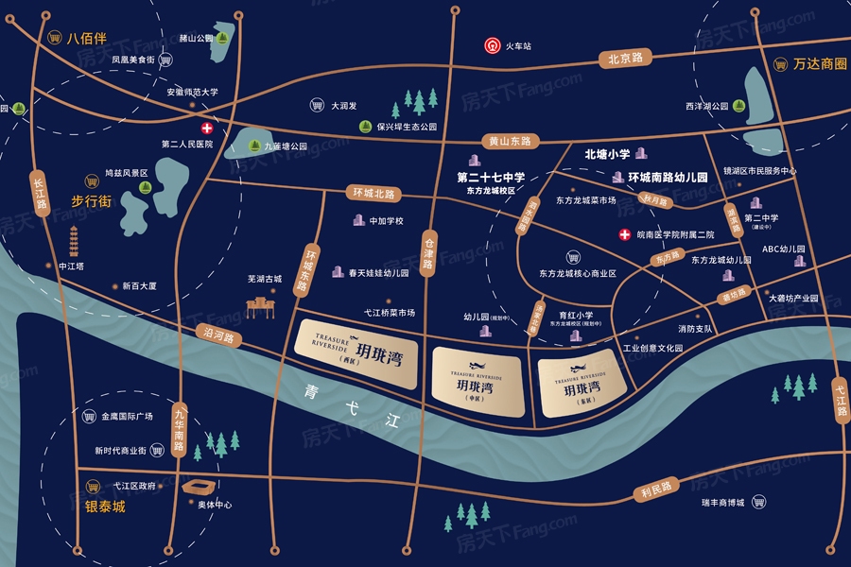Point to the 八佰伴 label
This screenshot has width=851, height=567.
coord(87,39)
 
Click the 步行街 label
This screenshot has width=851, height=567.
coord(92,200)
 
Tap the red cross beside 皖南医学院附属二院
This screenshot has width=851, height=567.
coord(624,234)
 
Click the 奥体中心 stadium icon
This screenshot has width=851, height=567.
coord(200,487)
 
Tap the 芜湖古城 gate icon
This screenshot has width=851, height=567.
coord(259,304)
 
